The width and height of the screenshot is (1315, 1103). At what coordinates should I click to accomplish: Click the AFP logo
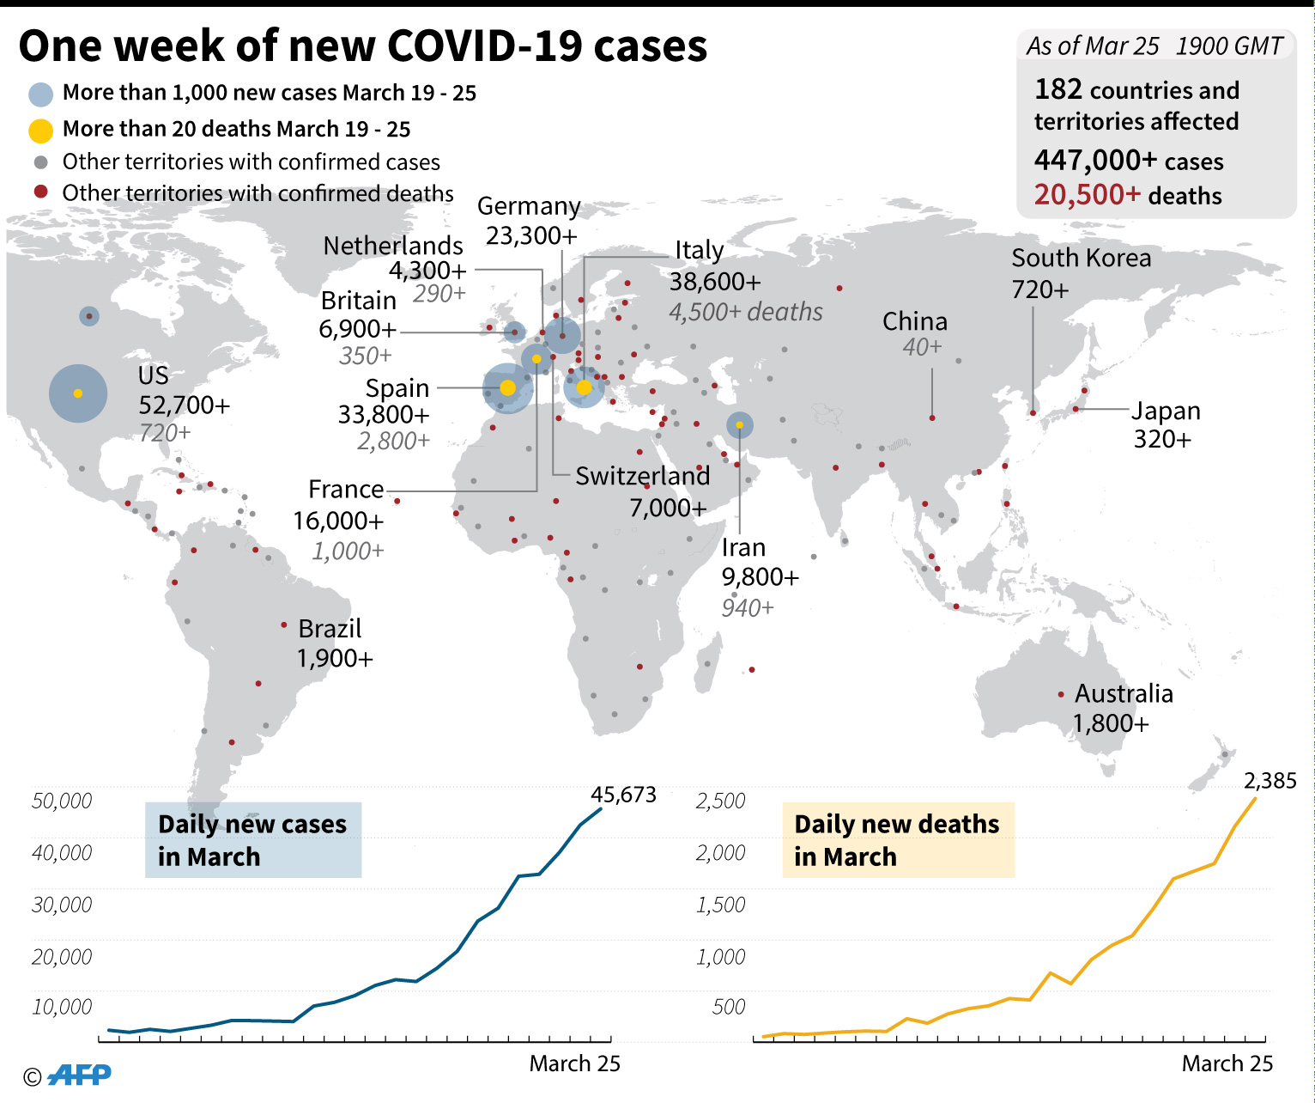click(x=79, y=1074)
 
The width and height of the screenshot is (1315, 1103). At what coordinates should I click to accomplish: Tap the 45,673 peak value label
click(x=624, y=795)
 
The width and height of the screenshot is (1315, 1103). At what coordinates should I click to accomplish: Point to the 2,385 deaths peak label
click(x=1270, y=781)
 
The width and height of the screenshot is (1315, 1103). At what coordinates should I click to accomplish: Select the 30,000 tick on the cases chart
click(x=62, y=905)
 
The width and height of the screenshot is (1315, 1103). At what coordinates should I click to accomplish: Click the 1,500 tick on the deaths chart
click(x=720, y=905)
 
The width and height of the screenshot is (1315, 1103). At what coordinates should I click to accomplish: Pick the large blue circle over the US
click(x=78, y=393)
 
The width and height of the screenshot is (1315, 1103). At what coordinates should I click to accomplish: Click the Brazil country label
click(x=330, y=629)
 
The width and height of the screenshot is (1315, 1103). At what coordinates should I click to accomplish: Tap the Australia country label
click(x=1124, y=693)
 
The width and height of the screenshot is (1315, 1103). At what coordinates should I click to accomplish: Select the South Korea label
click(x=1081, y=258)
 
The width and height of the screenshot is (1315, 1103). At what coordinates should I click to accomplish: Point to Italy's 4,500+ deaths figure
click(x=745, y=312)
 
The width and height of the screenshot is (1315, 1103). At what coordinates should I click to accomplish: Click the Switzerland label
click(x=642, y=476)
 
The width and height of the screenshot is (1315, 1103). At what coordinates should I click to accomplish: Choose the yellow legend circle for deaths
click(x=40, y=130)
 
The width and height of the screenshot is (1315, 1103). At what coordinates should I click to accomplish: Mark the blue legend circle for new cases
click(x=40, y=94)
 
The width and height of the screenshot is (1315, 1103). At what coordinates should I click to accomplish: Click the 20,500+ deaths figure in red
click(x=1087, y=195)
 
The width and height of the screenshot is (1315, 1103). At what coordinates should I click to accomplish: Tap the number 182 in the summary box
click(x=1057, y=89)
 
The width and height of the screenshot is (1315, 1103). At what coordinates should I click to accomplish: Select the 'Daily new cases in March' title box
click(x=253, y=839)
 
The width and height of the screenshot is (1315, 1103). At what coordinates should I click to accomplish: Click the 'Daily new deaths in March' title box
click(x=898, y=839)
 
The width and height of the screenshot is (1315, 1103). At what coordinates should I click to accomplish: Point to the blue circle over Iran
click(x=739, y=424)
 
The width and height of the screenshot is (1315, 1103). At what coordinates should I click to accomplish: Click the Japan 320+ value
click(x=1162, y=439)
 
